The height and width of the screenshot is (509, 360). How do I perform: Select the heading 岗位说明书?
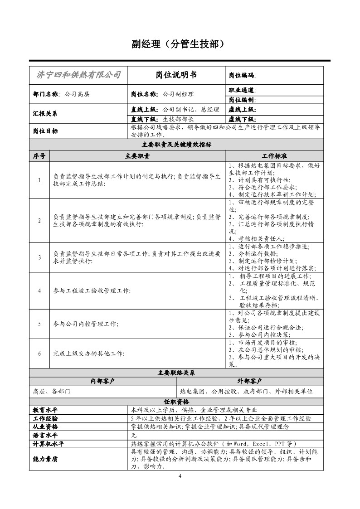click(x=176, y=75)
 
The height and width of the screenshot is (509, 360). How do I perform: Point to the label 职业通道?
click(x=242, y=91)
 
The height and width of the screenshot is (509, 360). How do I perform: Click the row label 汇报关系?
click(x=45, y=113)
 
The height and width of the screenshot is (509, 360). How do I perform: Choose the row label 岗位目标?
click(x=45, y=131)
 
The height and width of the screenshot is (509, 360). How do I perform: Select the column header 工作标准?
click(x=274, y=156)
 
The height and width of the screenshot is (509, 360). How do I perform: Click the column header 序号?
click(x=39, y=156)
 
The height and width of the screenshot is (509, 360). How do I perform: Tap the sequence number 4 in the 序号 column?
click(x=39, y=291)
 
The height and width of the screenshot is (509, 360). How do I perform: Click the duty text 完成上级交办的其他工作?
click(x=88, y=353)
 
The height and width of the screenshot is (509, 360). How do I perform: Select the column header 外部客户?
click(x=249, y=381)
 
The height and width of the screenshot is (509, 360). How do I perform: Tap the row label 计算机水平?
click(x=50, y=443)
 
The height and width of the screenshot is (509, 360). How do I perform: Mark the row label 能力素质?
click(x=45, y=459)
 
